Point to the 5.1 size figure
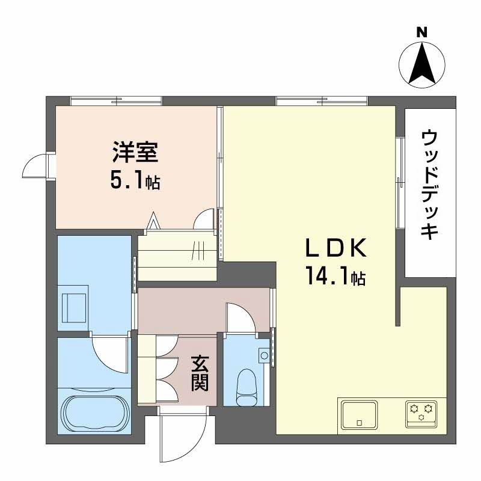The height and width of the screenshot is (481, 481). pyautogui.click(x=127, y=180)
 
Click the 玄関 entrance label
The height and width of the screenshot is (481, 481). pyautogui.click(x=200, y=372)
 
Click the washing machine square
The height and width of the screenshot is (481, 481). pyautogui.click(x=75, y=307)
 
